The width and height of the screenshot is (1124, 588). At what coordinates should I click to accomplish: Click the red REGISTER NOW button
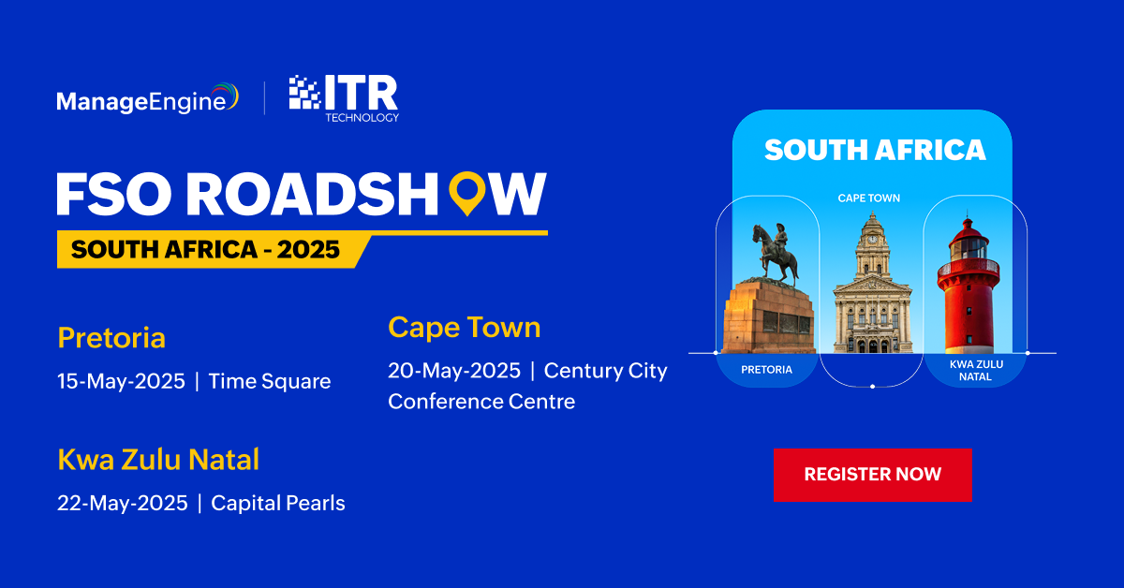point(873,475)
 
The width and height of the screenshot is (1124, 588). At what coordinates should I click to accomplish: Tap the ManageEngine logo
point(148,98)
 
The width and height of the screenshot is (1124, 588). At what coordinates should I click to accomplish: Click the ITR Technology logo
point(345,98)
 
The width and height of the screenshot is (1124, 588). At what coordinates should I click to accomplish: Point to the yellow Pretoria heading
point(111,338)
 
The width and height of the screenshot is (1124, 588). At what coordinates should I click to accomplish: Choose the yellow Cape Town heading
point(465,328)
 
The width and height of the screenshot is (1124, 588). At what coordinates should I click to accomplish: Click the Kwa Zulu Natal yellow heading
point(158,459)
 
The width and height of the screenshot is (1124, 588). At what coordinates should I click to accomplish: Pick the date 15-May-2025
point(121,381)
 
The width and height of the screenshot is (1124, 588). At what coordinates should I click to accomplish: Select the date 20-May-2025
point(454,371)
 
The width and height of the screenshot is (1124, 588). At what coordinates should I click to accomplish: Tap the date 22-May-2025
point(123,503)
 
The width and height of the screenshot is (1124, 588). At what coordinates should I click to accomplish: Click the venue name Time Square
point(270,381)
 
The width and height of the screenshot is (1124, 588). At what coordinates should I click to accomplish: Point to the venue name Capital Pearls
point(278,503)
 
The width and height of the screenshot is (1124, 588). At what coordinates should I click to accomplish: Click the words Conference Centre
point(481,402)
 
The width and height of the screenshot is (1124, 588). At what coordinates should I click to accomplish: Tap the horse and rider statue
point(775,254)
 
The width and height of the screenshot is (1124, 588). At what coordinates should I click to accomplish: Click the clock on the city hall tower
point(873,240)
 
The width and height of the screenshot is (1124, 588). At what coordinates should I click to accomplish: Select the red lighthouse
point(969,285)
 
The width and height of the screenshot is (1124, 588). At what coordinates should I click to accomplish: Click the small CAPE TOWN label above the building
point(869,198)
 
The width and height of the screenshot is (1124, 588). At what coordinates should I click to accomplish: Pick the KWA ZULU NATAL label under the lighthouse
point(976,370)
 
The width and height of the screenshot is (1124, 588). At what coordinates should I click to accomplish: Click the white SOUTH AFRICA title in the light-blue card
point(875,150)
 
